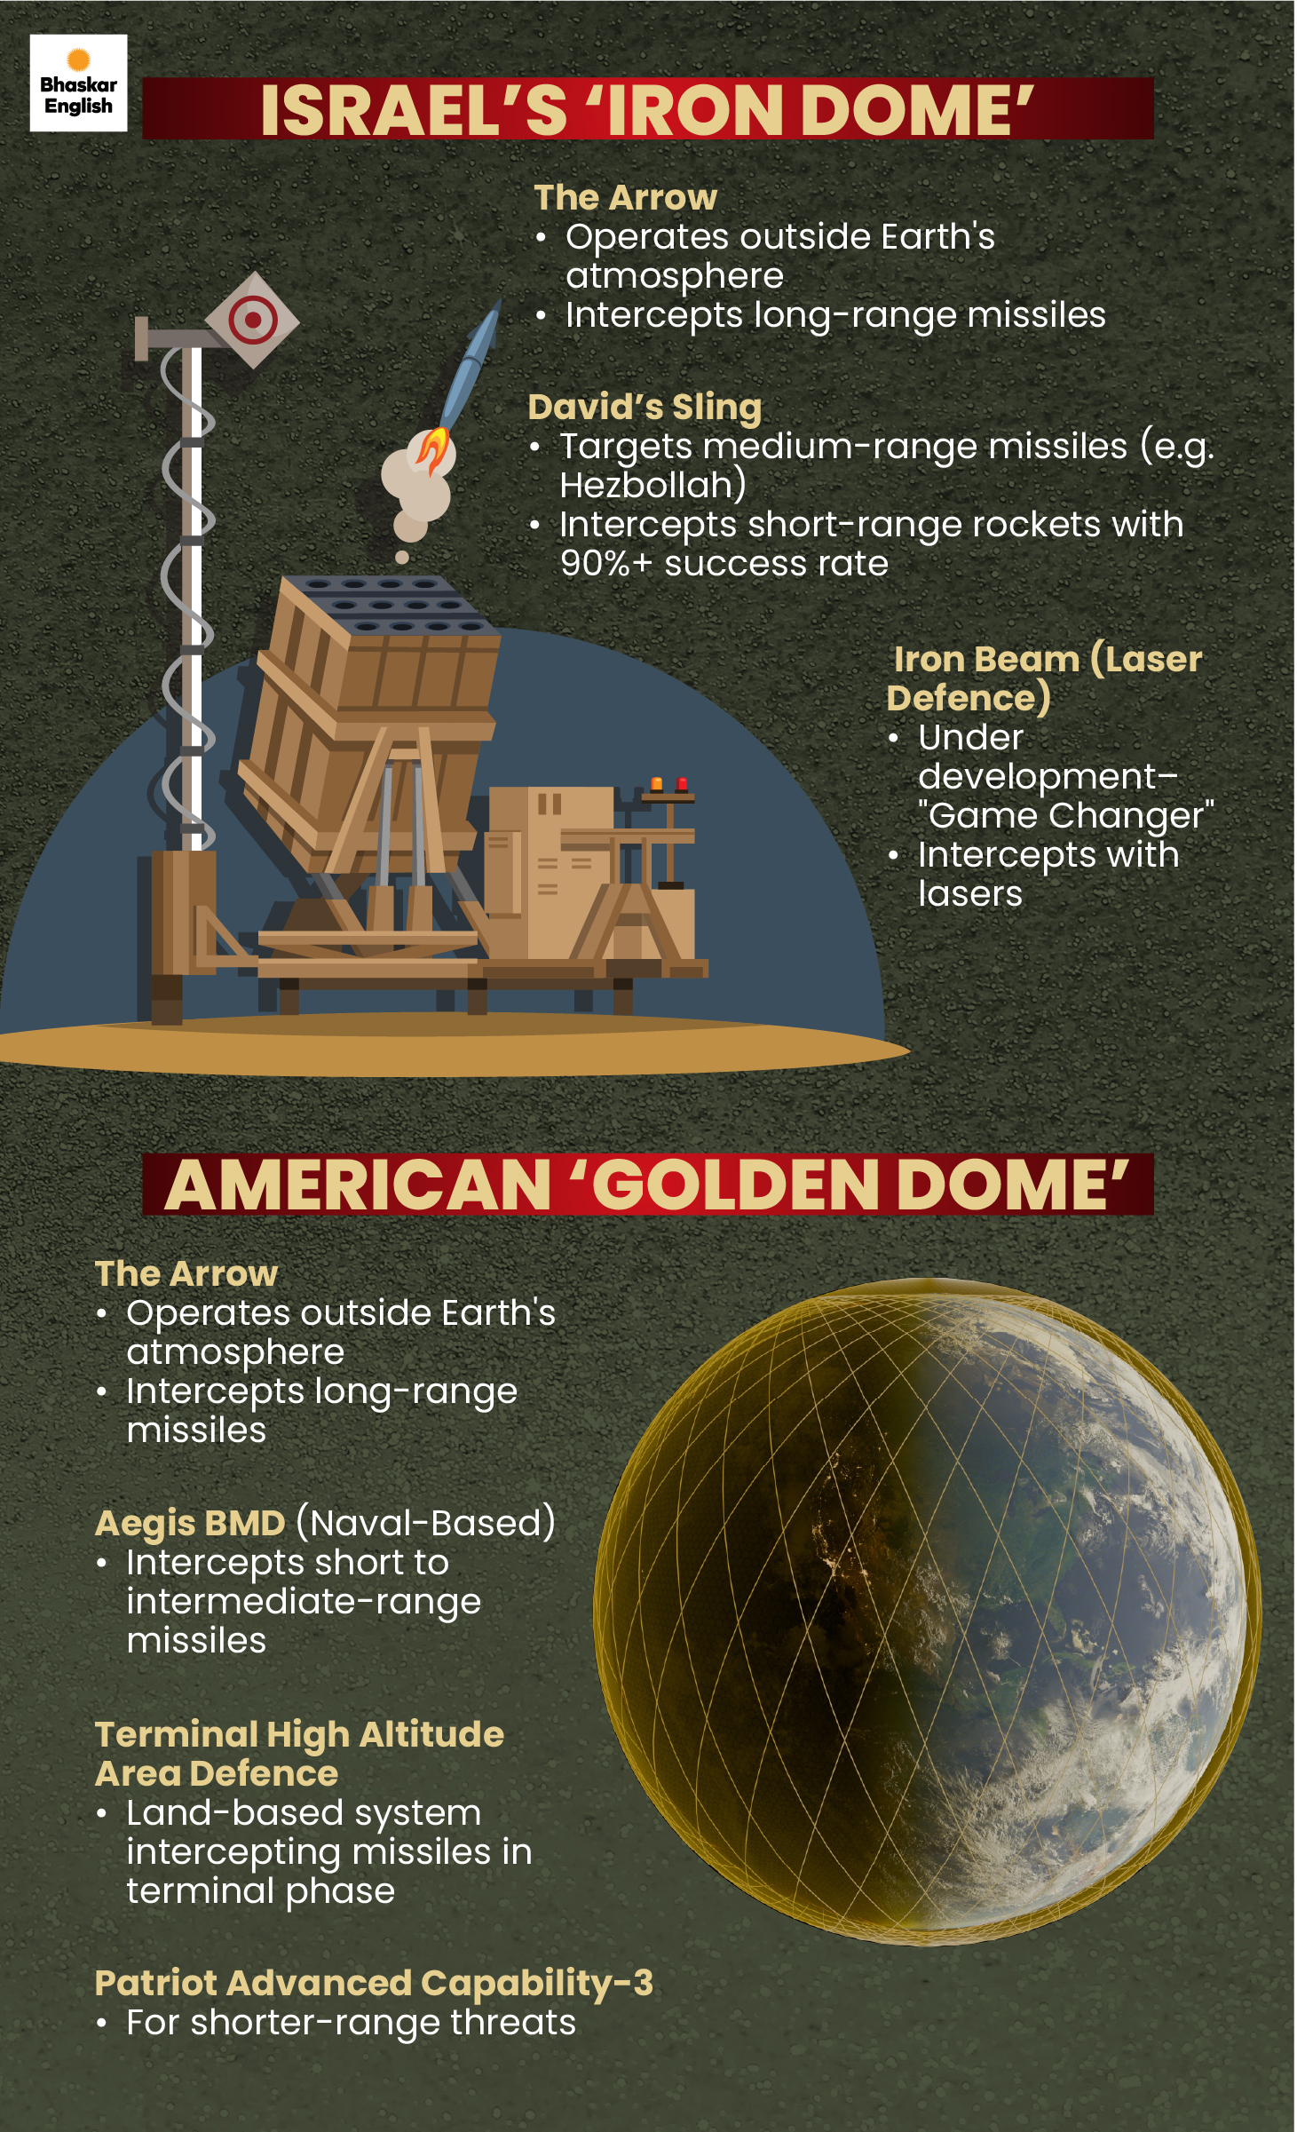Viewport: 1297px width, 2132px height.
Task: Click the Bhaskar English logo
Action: pos(78,83)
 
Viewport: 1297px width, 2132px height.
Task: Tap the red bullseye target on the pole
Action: pos(252,320)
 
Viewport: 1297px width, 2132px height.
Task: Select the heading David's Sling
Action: pos(645,407)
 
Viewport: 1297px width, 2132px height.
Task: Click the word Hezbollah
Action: pos(652,485)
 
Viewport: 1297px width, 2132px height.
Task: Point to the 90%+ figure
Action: pos(605,563)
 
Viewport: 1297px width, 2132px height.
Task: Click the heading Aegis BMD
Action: pos(190,1523)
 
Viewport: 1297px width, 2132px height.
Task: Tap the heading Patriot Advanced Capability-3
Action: pos(374,1982)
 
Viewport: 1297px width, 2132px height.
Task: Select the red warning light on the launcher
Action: pos(682,784)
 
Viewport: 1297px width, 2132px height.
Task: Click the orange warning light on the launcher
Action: pos(657,784)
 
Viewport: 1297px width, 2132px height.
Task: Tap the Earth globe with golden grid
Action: pos(927,1611)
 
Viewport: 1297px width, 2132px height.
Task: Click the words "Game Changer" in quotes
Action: pos(1065,815)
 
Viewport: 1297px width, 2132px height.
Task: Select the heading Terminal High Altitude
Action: pos(299,1734)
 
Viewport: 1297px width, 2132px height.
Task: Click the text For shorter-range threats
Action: pos(351,2022)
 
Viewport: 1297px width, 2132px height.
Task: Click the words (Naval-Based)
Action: pos(425,1523)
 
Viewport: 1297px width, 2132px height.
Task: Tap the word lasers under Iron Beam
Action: pos(969,893)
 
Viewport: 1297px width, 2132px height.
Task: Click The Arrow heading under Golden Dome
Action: pos(186,1273)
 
